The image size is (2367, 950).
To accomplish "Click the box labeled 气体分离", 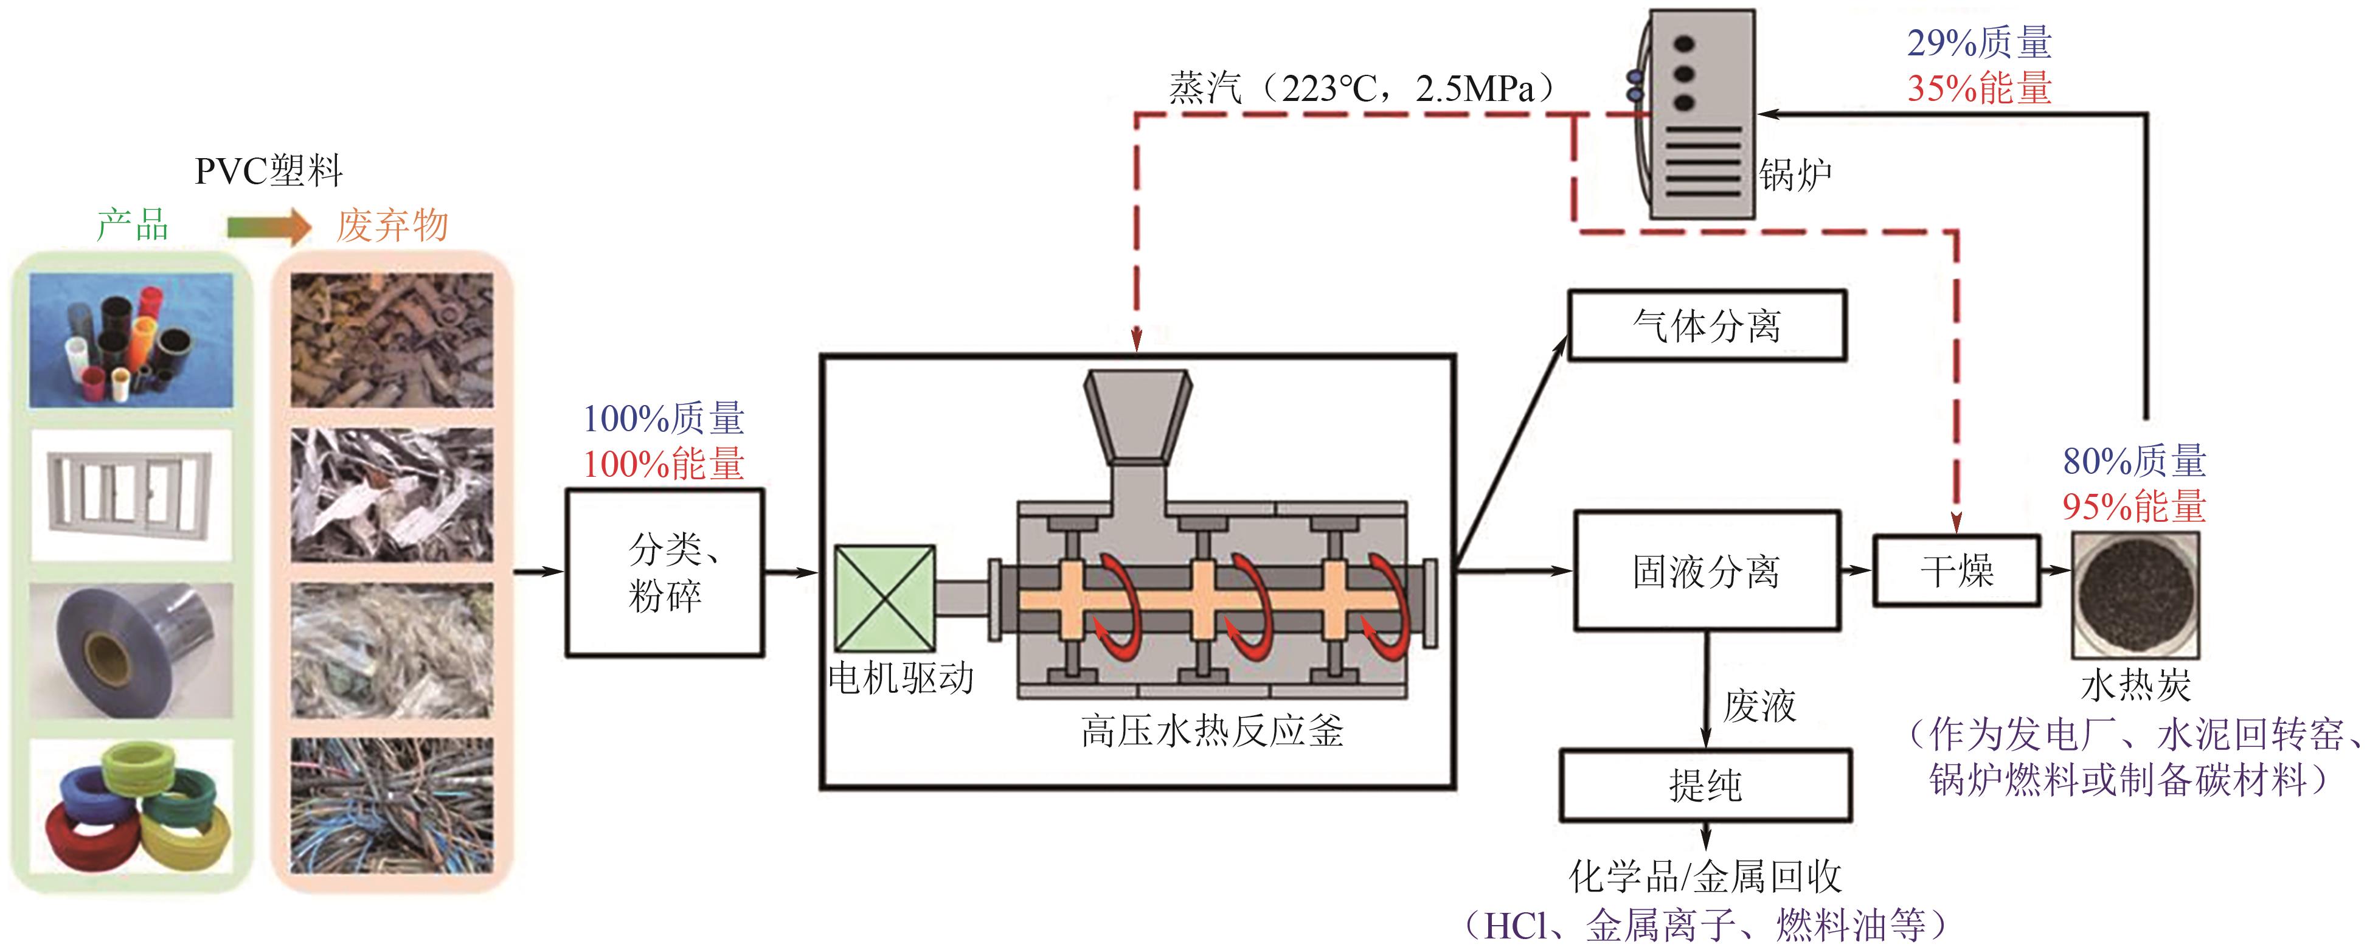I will tap(1707, 326).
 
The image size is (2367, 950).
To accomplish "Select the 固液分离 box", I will tap(1707, 570).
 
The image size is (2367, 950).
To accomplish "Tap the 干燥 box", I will tap(1956, 570).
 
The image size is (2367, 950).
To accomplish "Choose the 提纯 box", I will tap(1705, 786).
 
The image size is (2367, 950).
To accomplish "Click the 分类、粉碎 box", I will tap(664, 572).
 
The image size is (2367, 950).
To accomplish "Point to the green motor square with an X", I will tap(884, 598).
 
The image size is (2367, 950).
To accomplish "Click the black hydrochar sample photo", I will tap(2135, 594).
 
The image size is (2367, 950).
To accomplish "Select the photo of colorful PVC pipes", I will tap(131, 341).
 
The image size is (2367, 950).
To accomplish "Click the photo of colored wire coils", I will tap(131, 806).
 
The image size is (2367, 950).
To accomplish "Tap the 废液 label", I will tap(1759, 706).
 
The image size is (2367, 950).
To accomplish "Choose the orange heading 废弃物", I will tap(392, 225).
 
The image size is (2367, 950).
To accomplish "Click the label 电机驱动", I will tap(901, 678).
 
